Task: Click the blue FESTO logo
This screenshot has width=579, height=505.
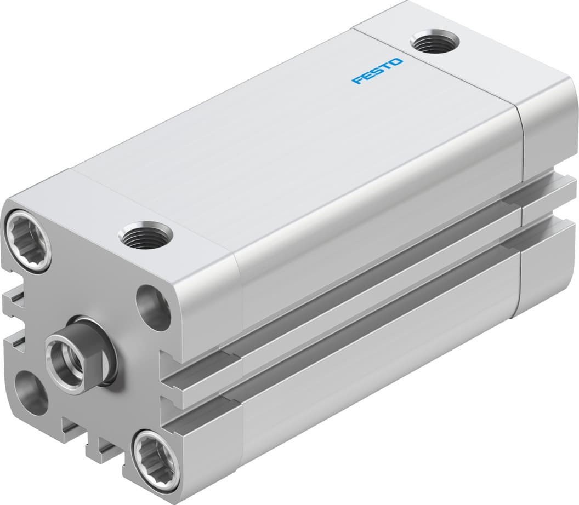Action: (377, 71)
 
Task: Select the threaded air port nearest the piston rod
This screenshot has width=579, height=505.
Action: (145, 236)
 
